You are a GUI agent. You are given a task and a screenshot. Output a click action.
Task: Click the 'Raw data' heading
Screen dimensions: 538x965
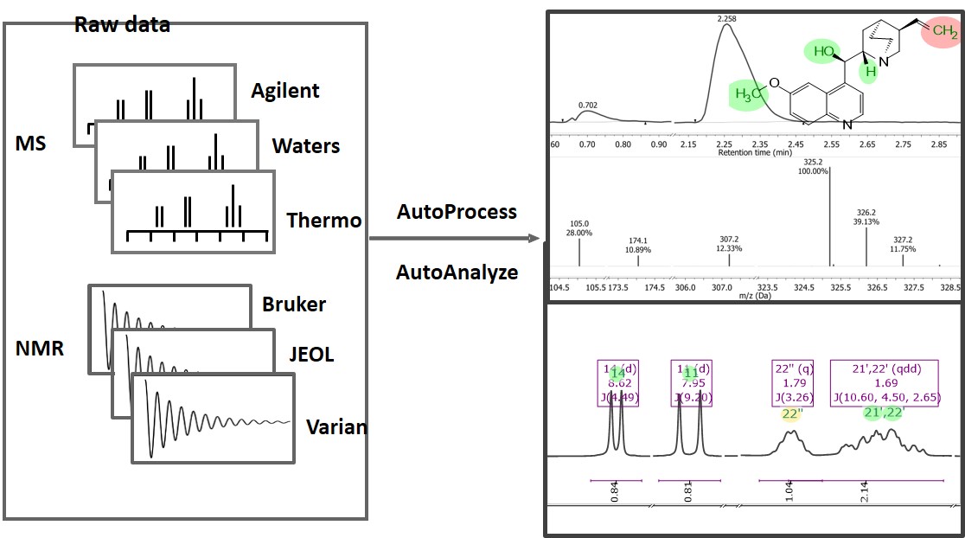(x=122, y=24)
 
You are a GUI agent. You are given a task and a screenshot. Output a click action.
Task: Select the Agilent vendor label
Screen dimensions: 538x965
(x=285, y=91)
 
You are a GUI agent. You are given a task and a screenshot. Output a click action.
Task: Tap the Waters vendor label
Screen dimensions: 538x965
(x=306, y=146)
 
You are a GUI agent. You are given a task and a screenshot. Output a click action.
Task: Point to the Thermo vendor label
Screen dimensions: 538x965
(x=324, y=221)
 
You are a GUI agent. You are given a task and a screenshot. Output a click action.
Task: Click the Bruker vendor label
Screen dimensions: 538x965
(x=294, y=304)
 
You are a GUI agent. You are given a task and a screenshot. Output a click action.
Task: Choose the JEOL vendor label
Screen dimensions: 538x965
(x=311, y=355)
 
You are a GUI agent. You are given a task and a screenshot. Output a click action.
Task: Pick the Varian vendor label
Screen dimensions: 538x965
(x=336, y=427)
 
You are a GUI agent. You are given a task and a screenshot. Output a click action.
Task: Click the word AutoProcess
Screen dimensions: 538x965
(x=457, y=212)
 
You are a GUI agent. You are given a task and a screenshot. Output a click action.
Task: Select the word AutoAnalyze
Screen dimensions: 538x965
(x=457, y=272)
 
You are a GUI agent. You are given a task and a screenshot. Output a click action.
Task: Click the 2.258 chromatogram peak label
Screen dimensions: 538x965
(x=725, y=17)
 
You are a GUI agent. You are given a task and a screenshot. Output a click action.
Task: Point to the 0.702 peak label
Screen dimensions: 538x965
(x=588, y=105)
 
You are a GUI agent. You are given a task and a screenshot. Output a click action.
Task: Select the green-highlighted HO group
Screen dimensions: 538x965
(x=822, y=52)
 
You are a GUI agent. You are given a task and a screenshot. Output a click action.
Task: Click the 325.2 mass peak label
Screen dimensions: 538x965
(x=812, y=162)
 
